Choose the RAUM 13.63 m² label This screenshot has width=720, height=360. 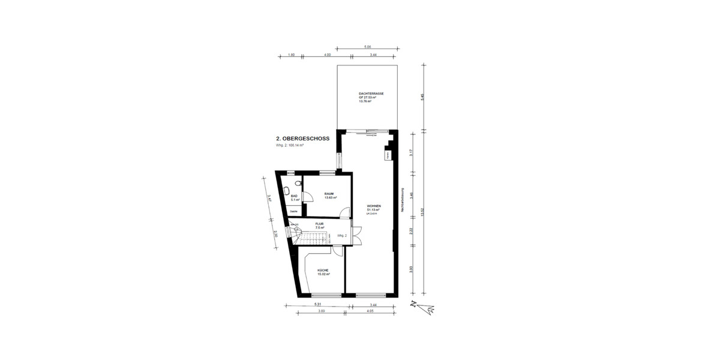pyautogui.click(x=329, y=195)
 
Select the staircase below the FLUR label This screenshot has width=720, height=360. pyautogui.click(x=315, y=239)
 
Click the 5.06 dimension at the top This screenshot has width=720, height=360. pyautogui.click(x=367, y=46)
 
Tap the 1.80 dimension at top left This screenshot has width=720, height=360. pyautogui.click(x=291, y=55)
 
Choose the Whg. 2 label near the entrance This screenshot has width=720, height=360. pyautogui.click(x=343, y=236)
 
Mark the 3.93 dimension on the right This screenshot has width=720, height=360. pyautogui.click(x=411, y=269)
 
